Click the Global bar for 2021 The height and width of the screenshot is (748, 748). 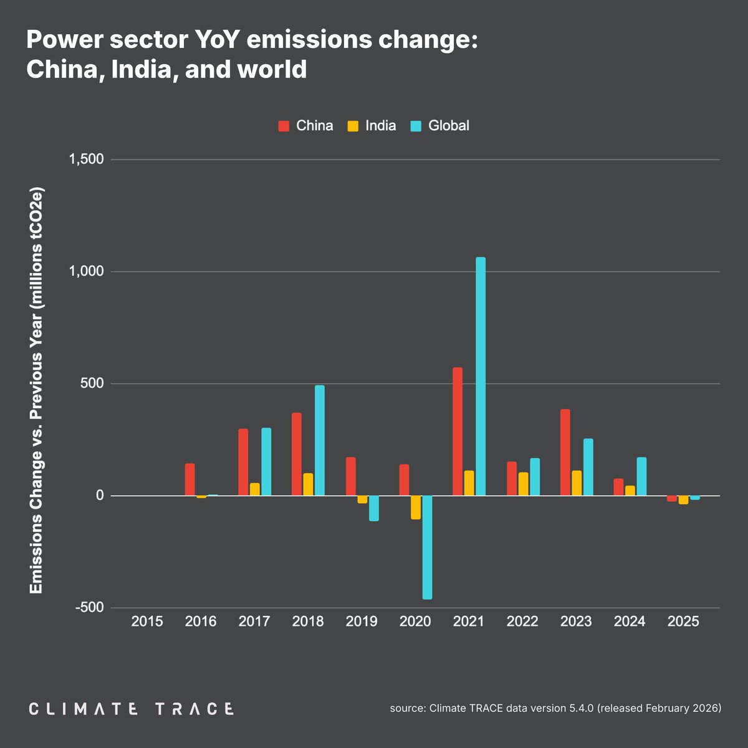(x=480, y=376)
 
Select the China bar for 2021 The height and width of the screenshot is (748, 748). (x=458, y=431)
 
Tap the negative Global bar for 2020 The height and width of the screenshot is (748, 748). (x=427, y=547)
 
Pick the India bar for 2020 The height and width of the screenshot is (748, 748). (x=416, y=507)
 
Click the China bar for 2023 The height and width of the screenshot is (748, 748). (x=565, y=453)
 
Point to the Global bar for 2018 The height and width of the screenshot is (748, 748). (x=319, y=440)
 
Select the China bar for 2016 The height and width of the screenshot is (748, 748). (x=189, y=479)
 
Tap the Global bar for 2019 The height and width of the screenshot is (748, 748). (x=373, y=508)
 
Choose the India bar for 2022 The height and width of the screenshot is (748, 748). (x=523, y=484)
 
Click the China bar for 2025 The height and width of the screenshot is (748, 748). (x=671, y=499)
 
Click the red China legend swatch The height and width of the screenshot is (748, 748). (x=284, y=126)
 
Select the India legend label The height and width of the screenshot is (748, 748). (x=380, y=126)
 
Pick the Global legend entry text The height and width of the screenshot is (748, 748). (x=449, y=126)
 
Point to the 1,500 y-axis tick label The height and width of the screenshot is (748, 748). (x=86, y=160)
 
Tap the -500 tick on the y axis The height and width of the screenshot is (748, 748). (x=89, y=608)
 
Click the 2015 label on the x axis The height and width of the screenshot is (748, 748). (x=147, y=621)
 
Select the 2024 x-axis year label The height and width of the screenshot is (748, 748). (x=630, y=621)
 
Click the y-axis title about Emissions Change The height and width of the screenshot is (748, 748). (x=36, y=390)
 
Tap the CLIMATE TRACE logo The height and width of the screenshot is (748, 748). (x=132, y=709)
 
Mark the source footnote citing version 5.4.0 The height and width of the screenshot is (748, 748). (x=555, y=709)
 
